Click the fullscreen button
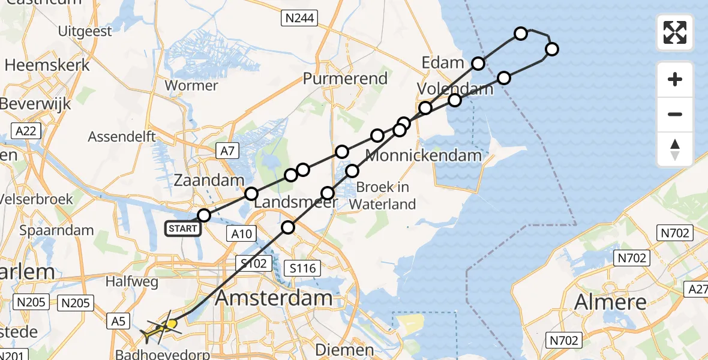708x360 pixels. coord(675,32)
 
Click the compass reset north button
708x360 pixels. coord(675,149)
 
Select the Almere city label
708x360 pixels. coord(611,301)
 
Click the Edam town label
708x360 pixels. coord(443,62)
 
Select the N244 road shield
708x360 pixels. coord(298,19)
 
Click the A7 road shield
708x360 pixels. coord(227,152)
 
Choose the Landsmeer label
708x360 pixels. coord(296,203)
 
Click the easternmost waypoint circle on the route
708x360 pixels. coord(551,49)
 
